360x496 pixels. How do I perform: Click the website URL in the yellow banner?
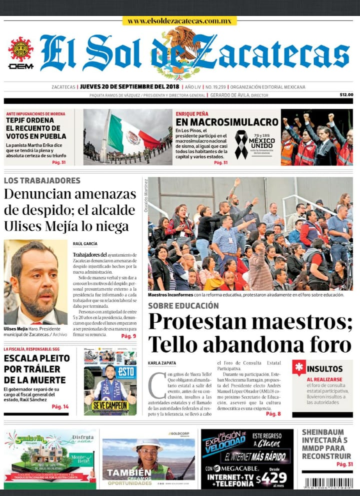click(179, 21)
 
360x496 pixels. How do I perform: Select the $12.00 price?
click(346, 95)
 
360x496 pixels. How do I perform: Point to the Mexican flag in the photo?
click(129, 135)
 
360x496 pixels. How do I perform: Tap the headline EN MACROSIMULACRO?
click(227, 122)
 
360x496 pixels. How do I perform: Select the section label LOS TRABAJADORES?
click(42, 180)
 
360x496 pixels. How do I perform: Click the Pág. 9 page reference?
click(128, 336)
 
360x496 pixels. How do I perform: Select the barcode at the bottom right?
click(327, 483)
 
